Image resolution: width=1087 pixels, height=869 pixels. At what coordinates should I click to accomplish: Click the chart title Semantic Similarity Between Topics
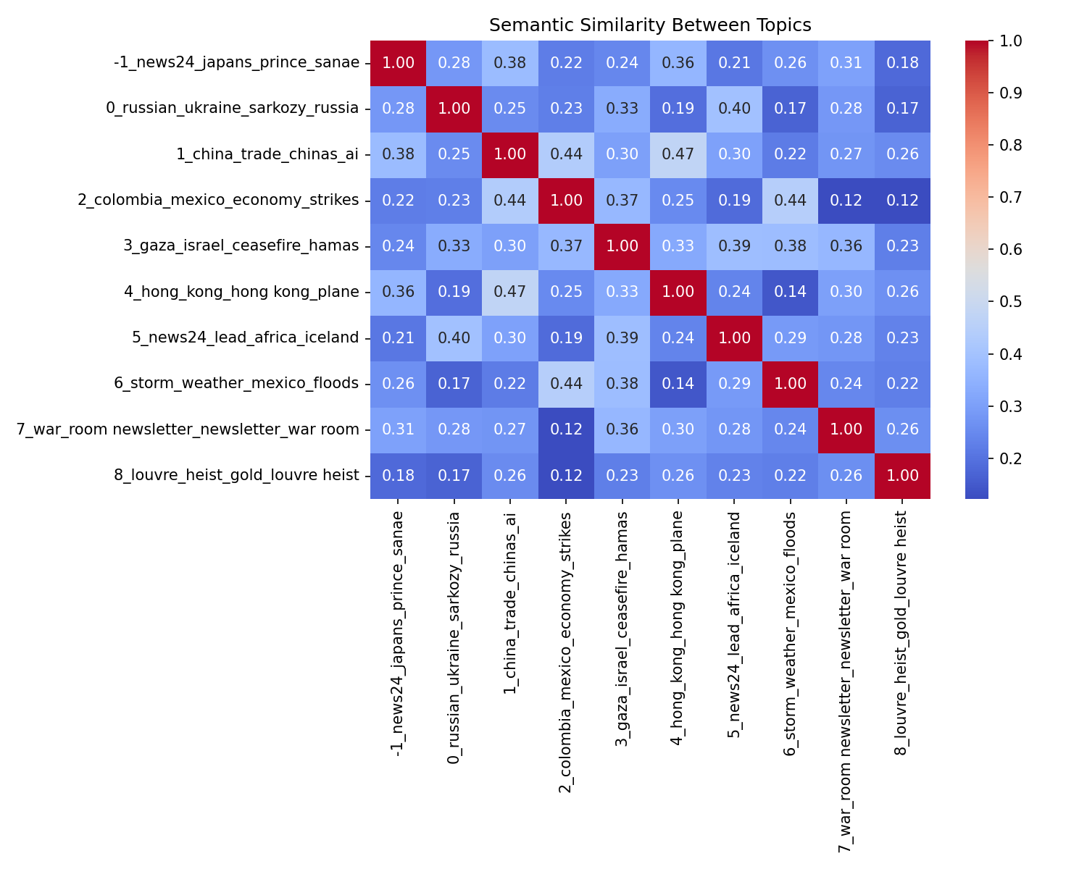point(650,25)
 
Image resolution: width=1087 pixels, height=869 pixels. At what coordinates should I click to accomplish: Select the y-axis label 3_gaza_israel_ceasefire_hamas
point(241,245)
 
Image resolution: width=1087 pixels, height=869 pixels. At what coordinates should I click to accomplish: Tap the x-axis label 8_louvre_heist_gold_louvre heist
point(902,624)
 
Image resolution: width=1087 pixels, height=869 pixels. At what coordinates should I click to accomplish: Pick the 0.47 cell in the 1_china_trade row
point(678,154)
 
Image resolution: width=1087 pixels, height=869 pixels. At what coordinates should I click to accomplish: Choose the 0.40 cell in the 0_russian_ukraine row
point(734,109)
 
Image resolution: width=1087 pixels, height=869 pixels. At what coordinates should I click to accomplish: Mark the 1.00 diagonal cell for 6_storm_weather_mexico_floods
point(790,384)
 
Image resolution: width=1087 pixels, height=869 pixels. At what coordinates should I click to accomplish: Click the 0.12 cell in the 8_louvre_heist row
point(566,476)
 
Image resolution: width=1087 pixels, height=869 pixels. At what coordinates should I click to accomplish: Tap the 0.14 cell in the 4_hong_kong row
point(790,292)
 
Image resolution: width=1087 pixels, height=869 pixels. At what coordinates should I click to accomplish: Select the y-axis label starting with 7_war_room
point(188,429)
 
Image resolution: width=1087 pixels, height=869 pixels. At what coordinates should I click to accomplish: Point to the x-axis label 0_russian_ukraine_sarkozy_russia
point(454,637)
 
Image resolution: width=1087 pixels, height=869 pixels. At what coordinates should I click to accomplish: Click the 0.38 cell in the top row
point(510,62)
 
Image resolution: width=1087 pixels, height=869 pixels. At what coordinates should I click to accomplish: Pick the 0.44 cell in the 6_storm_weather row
point(566,384)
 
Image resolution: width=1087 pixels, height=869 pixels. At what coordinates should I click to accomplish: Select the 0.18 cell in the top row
point(902,62)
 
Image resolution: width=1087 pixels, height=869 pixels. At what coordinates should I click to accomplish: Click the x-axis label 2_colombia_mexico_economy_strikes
point(566,652)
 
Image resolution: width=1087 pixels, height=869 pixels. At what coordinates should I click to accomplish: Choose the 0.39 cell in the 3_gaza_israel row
point(734,246)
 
